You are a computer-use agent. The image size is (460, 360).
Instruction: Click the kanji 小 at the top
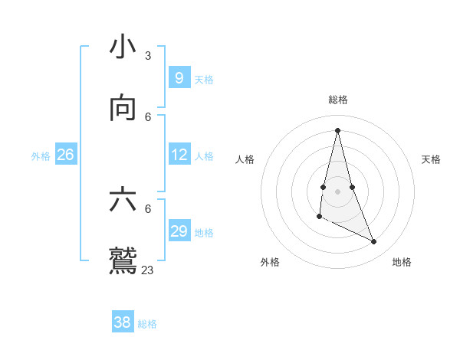123,47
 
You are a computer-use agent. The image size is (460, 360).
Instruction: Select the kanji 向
123,108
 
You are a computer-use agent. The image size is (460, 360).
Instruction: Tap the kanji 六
123,200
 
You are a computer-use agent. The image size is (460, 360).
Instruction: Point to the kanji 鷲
123,260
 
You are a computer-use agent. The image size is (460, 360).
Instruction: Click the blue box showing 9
179,77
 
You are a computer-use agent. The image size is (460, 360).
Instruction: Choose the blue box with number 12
179,155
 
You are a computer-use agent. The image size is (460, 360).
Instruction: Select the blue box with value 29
179,231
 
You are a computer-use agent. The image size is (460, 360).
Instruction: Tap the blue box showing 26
65,155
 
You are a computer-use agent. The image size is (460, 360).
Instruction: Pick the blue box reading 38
122,322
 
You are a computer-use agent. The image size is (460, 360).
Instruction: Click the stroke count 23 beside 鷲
147,270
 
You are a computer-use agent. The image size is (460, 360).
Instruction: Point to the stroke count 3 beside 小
147,56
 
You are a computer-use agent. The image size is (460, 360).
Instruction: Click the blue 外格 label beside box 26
41,155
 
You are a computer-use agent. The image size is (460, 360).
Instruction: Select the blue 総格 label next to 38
147,324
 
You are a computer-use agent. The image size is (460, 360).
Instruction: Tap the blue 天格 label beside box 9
204,79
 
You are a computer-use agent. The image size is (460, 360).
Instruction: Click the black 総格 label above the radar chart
337,100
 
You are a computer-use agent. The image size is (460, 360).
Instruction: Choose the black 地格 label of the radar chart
402,262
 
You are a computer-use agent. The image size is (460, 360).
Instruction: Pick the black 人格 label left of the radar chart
245,159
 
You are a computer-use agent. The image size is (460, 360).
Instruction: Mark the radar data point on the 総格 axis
337,129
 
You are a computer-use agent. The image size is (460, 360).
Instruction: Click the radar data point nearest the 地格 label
374,242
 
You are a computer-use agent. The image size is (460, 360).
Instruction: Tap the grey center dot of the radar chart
337,191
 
